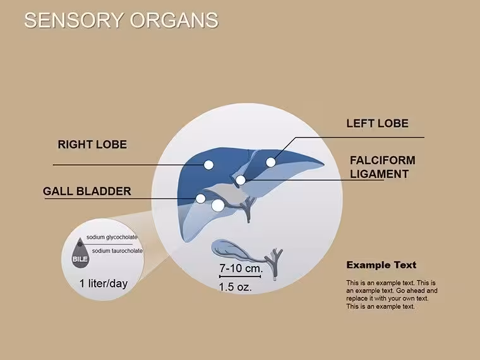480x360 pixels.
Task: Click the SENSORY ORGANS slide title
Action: (x=121, y=20)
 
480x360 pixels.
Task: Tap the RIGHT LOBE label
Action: (x=92, y=145)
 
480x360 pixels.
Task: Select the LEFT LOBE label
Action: (x=378, y=123)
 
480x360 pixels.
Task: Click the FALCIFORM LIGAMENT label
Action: (x=383, y=167)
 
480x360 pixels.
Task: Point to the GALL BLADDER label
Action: (x=87, y=191)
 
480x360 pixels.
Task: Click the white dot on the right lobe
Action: (x=208, y=165)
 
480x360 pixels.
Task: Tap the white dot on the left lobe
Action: (x=270, y=162)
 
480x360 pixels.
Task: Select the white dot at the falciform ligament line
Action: (x=241, y=180)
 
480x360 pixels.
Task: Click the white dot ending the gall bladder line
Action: (x=200, y=198)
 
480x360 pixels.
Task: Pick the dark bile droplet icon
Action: (x=80, y=253)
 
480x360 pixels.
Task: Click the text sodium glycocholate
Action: (x=112, y=237)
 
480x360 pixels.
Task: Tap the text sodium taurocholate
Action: (x=117, y=251)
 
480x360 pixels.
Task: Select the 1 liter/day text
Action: (x=104, y=283)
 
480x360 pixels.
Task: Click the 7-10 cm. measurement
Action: (x=241, y=268)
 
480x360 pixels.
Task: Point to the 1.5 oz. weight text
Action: (x=235, y=287)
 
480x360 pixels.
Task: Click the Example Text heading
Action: (x=381, y=265)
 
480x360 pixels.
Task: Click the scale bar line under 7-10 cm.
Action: (x=240, y=277)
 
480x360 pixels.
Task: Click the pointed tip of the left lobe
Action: (x=323, y=164)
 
